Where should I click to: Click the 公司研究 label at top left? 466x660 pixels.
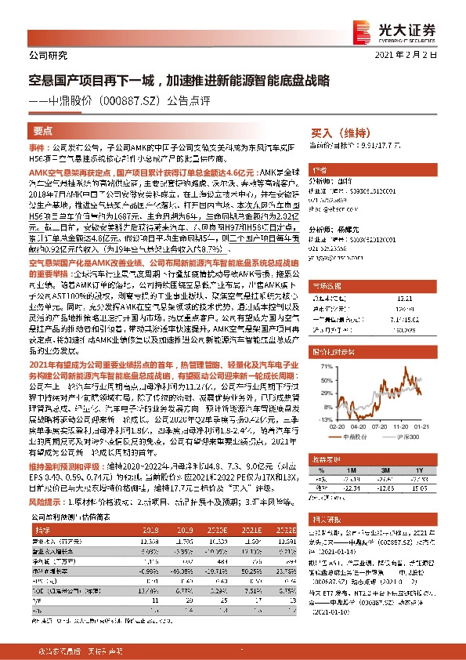click(49, 55)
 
